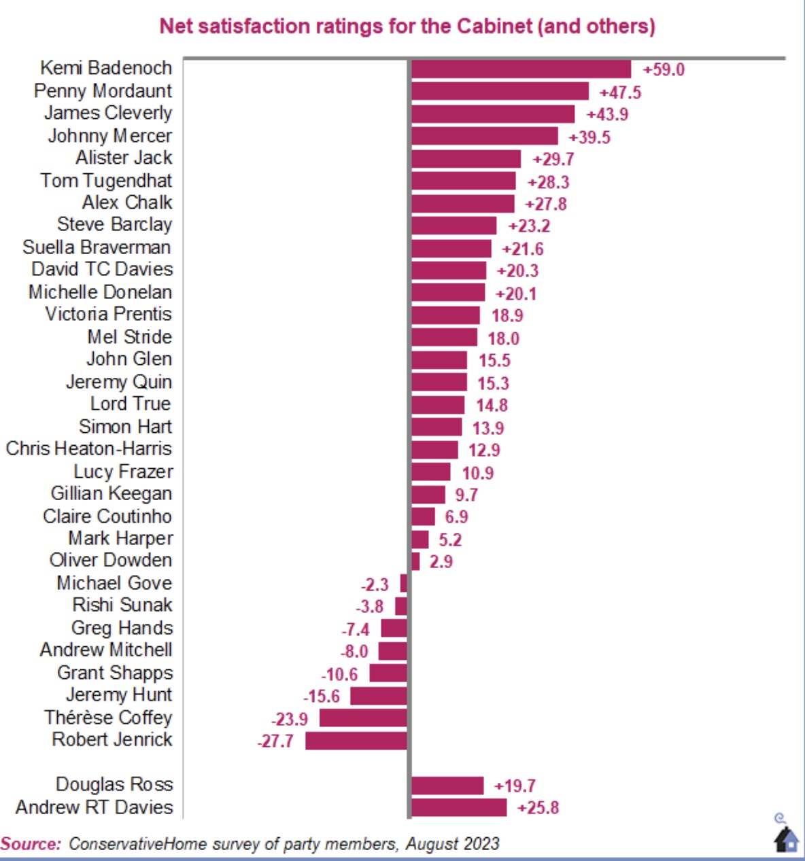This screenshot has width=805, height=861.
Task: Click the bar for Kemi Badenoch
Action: (521, 69)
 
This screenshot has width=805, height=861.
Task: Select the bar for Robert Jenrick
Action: (356, 741)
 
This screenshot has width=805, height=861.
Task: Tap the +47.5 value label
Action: (620, 93)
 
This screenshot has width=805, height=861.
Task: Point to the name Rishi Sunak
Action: (122, 605)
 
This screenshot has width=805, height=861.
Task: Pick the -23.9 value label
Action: (290, 720)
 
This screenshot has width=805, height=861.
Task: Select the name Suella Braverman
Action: (97, 247)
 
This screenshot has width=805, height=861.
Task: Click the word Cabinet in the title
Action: (494, 26)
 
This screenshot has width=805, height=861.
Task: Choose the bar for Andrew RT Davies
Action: (459, 808)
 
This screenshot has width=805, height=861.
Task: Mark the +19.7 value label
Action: (515, 786)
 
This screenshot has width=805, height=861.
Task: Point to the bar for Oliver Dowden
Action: (415, 562)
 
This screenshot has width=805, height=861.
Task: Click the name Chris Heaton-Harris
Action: (89, 449)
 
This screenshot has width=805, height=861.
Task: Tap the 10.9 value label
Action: (478, 473)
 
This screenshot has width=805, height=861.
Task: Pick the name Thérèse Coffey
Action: (109, 718)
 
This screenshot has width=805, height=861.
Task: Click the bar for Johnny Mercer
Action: (485, 136)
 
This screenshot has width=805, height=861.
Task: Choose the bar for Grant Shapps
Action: (388, 673)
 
